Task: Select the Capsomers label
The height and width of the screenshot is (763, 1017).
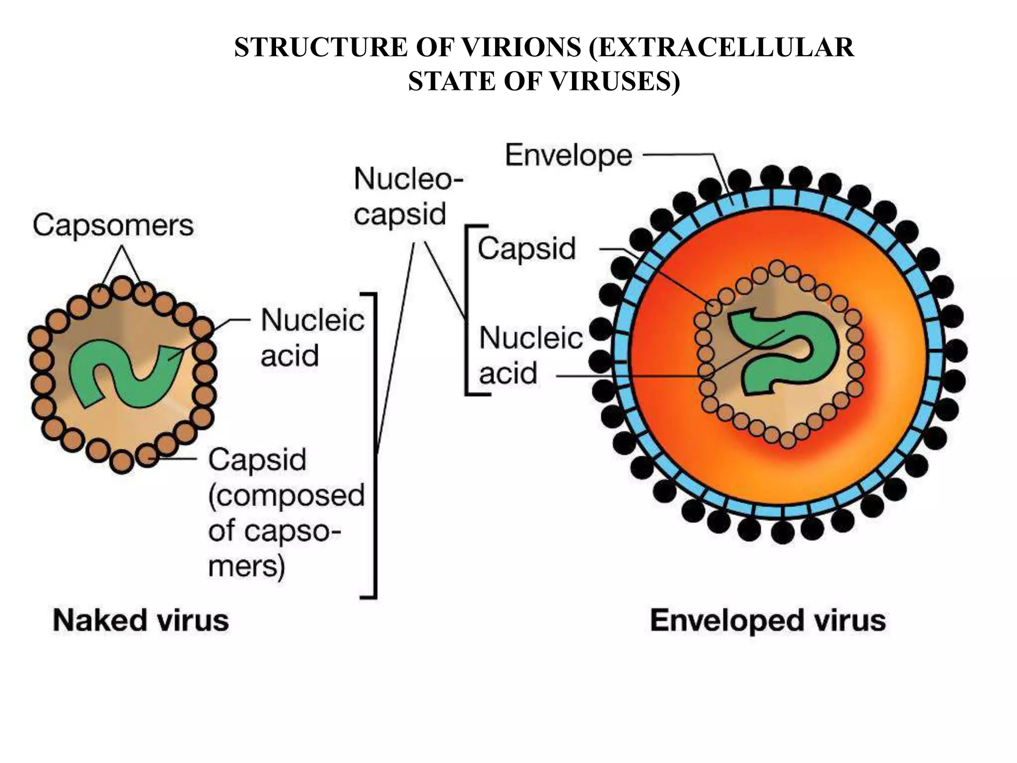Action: (113, 226)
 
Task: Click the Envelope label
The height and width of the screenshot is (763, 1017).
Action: (569, 155)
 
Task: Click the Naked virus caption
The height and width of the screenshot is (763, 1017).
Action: (141, 620)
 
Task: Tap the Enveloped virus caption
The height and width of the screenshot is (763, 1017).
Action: (768, 620)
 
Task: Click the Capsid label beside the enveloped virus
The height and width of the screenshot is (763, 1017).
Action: (527, 248)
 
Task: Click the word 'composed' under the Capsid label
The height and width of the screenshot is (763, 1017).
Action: (287, 495)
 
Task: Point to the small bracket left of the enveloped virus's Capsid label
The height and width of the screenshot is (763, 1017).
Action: (467, 310)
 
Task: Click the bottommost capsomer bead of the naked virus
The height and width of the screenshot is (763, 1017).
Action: (122, 461)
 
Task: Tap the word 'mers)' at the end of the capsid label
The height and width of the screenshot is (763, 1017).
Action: (246, 566)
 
